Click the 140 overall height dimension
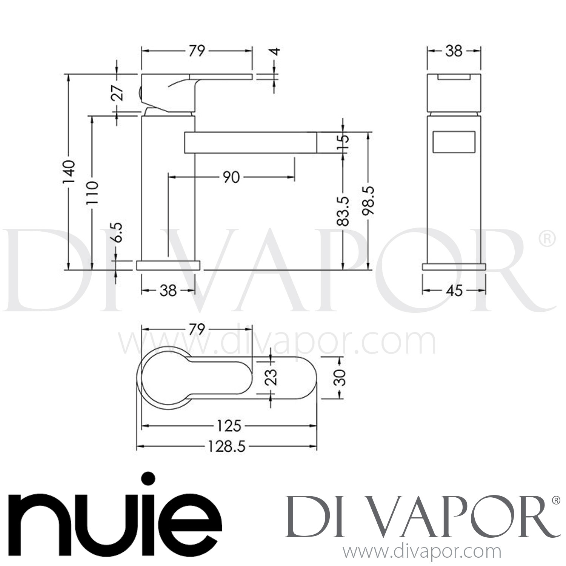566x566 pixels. pos(69,172)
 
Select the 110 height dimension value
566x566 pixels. pos(92,192)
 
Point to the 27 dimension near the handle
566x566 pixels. pos(118,92)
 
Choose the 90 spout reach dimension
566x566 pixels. pos(231,177)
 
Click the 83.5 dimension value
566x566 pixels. pos(343,211)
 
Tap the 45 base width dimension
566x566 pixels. pos(454,291)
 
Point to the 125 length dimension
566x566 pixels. pos(229,426)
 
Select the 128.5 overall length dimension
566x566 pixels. pos(226,447)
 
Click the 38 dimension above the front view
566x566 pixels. pos(454,51)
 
